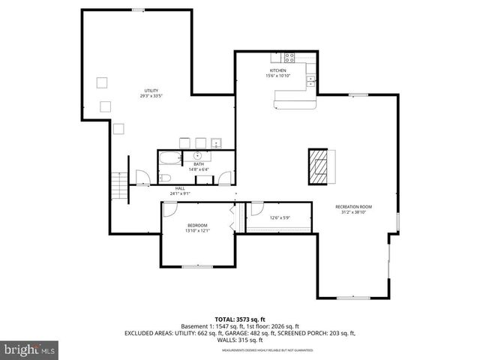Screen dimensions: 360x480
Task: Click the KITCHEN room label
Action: [x=277, y=70]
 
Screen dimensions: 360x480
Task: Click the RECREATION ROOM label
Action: [x=353, y=206]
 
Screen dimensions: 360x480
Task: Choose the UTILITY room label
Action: [x=151, y=91]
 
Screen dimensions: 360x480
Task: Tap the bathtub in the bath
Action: [x=169, y=159]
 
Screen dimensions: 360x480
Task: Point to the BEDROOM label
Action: [x=197, y=225]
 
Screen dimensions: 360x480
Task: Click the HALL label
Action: [x=180, y=189]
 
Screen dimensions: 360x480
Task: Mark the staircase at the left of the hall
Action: [x=118, y=184]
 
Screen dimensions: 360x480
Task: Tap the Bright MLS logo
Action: [x=30, y=349]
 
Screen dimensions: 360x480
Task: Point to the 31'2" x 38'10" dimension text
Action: [x=353, y=212]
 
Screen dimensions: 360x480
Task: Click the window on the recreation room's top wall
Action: [x=358, y=94]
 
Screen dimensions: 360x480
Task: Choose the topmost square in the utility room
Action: [x=102, y=82]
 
